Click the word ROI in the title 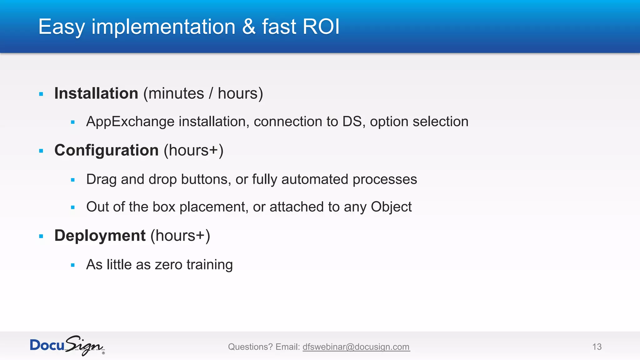[x=321, y=27]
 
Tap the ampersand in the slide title [x=249, y=27]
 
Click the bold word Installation [x=96, y=93]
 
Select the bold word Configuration [x=107, y=150]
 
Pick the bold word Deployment [x=100, y=236]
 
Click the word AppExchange [x=130, y=122]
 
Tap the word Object [x=391, y=207]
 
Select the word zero [x=169, y=265]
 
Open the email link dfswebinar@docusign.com [x=356, y=347]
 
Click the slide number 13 [x=597, y=347]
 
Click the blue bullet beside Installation [x=41, y=94]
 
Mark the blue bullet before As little [x=73, y=265]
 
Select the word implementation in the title [x=163, y=27]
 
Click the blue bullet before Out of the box [x=73, y=207]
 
